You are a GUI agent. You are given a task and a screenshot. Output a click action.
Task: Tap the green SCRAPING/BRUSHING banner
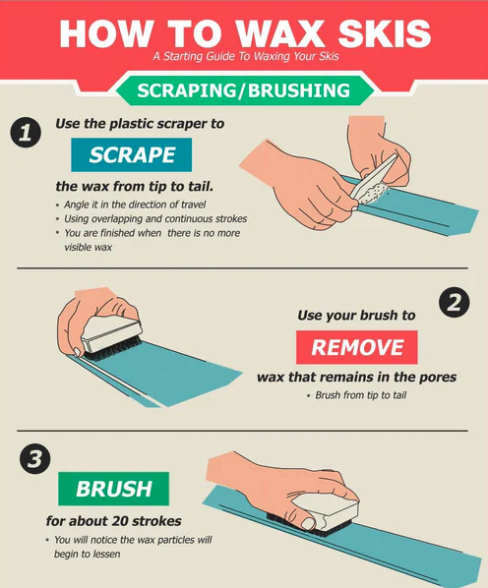pos(245,90)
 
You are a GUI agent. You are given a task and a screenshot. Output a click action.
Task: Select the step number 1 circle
pos(26,133)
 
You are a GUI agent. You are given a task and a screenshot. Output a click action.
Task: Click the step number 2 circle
pos(454,303)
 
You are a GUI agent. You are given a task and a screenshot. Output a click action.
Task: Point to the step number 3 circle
pos(34,458)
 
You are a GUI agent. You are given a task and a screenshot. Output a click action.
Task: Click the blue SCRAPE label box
pos(131,155)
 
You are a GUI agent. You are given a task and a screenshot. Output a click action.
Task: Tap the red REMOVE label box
pos(357,347)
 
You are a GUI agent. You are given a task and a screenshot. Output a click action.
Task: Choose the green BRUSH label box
pos(113,489)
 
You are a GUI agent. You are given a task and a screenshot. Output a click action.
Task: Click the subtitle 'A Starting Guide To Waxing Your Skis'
pos(246,57)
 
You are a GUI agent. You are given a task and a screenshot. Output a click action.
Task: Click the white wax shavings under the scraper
pos(373,194)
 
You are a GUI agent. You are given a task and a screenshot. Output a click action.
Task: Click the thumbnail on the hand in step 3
pos(309,523)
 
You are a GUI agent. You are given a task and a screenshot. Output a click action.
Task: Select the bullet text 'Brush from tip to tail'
pos(361,395)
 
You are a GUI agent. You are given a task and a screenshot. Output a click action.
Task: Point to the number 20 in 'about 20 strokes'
pos(118,521)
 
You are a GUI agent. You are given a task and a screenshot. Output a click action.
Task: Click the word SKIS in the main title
pos(385,33)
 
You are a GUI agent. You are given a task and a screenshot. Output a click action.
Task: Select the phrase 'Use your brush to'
pos(356,316)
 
